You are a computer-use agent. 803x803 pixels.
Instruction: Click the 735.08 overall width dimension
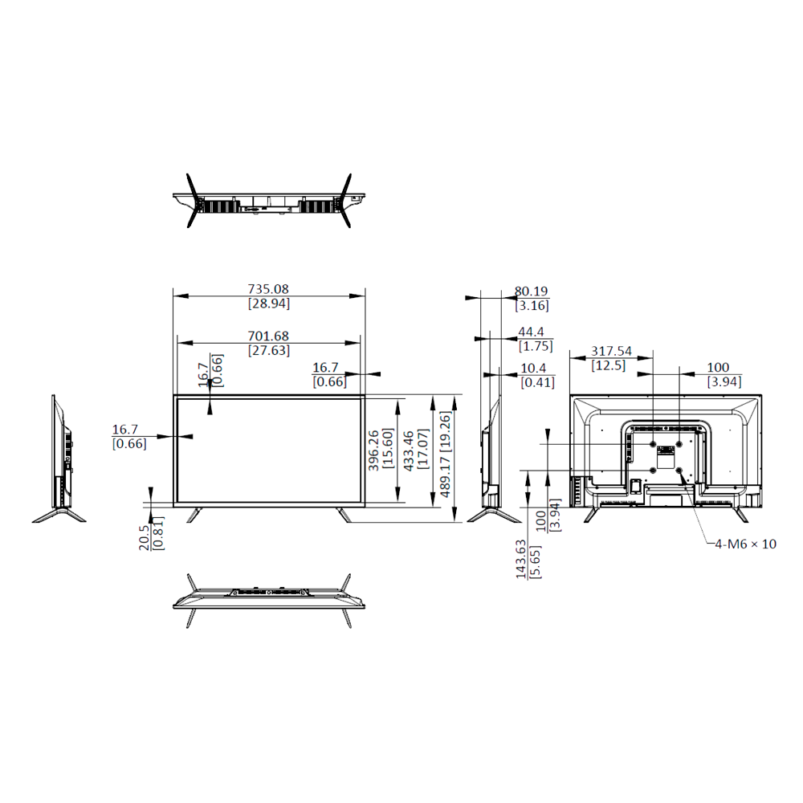pos(268,289)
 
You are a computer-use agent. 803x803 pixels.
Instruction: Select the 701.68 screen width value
pos(268,336)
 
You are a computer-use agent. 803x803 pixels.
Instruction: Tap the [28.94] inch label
pos(269,304)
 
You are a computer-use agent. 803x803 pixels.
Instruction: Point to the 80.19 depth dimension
pos(531,291)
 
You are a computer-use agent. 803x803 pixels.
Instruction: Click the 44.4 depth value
pos(531,332)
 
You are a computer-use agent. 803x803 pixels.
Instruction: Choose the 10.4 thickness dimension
pos(533,369)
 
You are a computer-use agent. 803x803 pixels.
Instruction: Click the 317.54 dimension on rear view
pos(611,352)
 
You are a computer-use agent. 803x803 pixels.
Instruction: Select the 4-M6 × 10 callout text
pos(746,544)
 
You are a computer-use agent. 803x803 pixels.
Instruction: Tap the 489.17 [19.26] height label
pos(446,454)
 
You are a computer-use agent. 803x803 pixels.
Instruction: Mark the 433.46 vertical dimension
pos(409,450)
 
